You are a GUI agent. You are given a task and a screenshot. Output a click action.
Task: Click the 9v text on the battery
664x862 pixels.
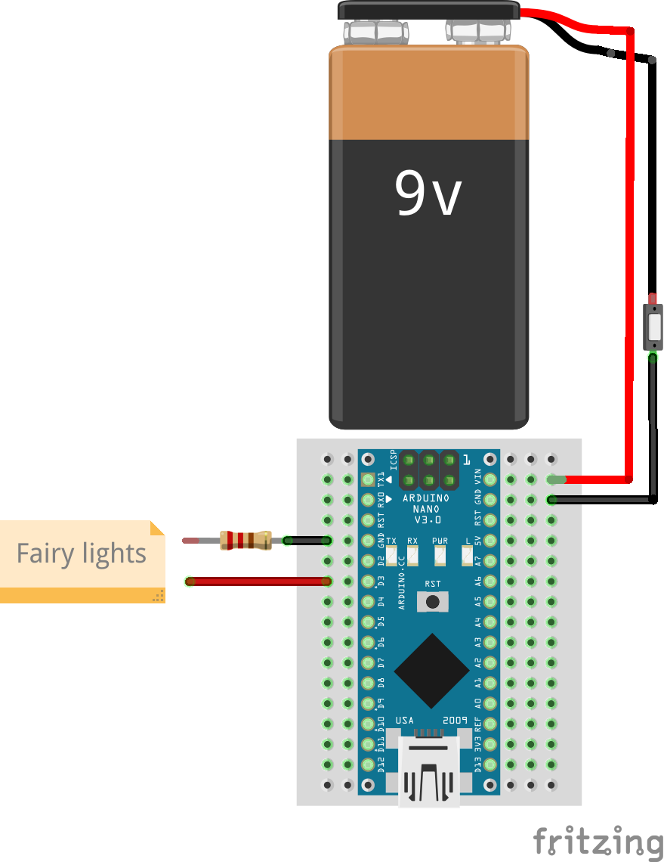(428, 193)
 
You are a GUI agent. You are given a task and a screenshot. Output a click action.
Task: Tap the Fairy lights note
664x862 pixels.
(82, 554)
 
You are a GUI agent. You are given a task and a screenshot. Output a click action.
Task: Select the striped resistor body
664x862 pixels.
(246, 540)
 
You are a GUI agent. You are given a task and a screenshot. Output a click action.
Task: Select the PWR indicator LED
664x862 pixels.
(440, 557)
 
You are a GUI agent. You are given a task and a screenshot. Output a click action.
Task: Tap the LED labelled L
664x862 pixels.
(467, 557)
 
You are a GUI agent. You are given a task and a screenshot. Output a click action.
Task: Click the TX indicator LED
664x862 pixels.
(391, 557)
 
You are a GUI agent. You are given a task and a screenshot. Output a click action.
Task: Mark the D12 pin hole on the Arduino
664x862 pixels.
(369, 764)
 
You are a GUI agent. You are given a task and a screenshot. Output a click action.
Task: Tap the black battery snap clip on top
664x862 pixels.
(428, 11)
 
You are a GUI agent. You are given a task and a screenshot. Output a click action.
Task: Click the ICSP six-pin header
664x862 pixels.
(429, 470)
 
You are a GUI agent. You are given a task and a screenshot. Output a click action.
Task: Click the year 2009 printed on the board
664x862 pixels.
(456, 720)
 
